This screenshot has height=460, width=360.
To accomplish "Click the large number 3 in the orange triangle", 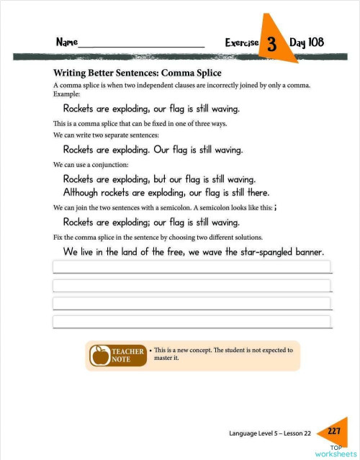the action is (x=271, y=44).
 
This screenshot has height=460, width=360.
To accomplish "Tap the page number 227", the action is (x=333, y=431).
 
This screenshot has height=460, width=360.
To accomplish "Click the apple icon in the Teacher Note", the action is (x=99, y=355).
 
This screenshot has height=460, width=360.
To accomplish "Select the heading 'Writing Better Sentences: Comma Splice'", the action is (x=137, y=73).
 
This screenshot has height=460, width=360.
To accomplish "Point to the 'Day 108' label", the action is (x=307, y=42).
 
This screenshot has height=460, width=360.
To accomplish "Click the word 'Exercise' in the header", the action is (x=241, y=43).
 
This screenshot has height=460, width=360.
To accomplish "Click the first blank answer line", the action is (x=191, y=267).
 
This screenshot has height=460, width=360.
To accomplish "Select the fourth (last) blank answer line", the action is (x=191, y=321).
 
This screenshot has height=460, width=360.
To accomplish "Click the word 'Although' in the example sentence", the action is (x=84, y=193).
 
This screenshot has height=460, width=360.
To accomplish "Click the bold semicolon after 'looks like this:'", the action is (x=276, y=207).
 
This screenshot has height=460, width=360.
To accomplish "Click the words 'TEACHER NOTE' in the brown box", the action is (x=127, y=355).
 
